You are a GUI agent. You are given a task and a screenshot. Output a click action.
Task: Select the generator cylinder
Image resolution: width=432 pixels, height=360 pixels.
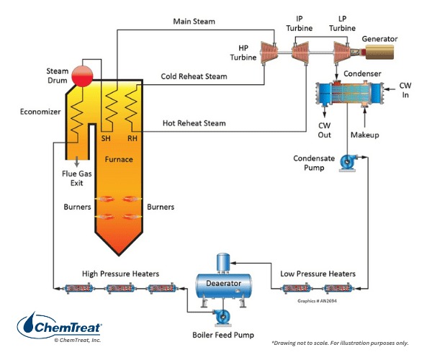[x=389, y=51]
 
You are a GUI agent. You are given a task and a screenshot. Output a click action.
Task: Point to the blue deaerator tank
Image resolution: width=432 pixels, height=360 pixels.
[x=225, y=284]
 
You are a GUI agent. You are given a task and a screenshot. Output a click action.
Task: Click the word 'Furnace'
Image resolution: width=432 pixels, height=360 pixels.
[x=120, y=159]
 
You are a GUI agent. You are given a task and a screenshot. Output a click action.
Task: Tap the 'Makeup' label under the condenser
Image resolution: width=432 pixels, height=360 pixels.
[x=364, y=135]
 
